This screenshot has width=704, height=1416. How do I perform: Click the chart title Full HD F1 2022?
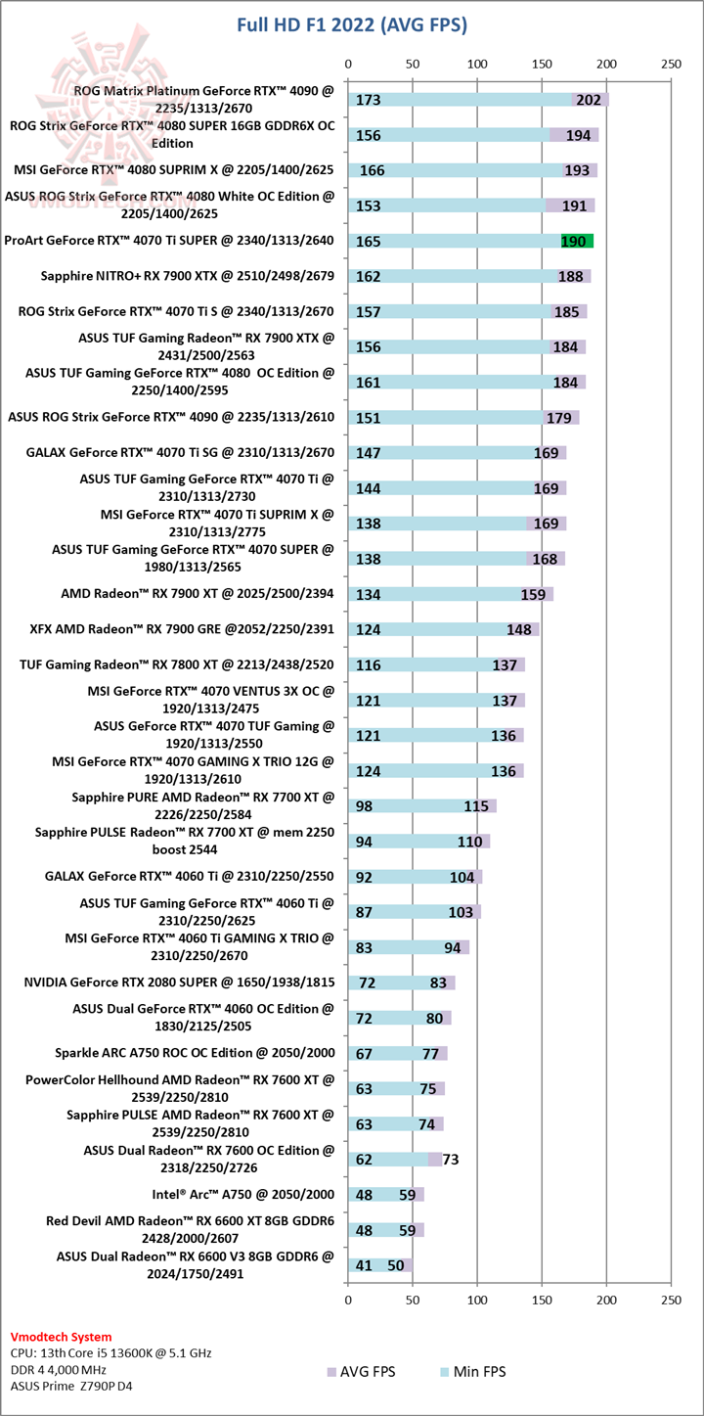click(352, 24)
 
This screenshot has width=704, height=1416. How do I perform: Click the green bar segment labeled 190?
click(577, 241)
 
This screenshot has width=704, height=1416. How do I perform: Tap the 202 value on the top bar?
click(589, 100)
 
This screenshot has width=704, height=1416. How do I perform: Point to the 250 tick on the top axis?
click(671, 64)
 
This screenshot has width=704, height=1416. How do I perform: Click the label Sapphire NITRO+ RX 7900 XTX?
click(175, 276)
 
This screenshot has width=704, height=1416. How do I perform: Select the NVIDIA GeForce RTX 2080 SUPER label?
click(180, 982)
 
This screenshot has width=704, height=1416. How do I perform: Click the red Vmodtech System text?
click(61, 1337)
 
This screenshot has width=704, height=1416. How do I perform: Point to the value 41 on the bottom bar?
click(364, 1264)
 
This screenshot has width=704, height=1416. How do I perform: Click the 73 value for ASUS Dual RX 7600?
click(451, 1160)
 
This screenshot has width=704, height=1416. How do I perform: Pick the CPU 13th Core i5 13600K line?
click(110, 1353)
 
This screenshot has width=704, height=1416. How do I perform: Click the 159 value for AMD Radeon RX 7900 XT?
click(533, 594)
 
